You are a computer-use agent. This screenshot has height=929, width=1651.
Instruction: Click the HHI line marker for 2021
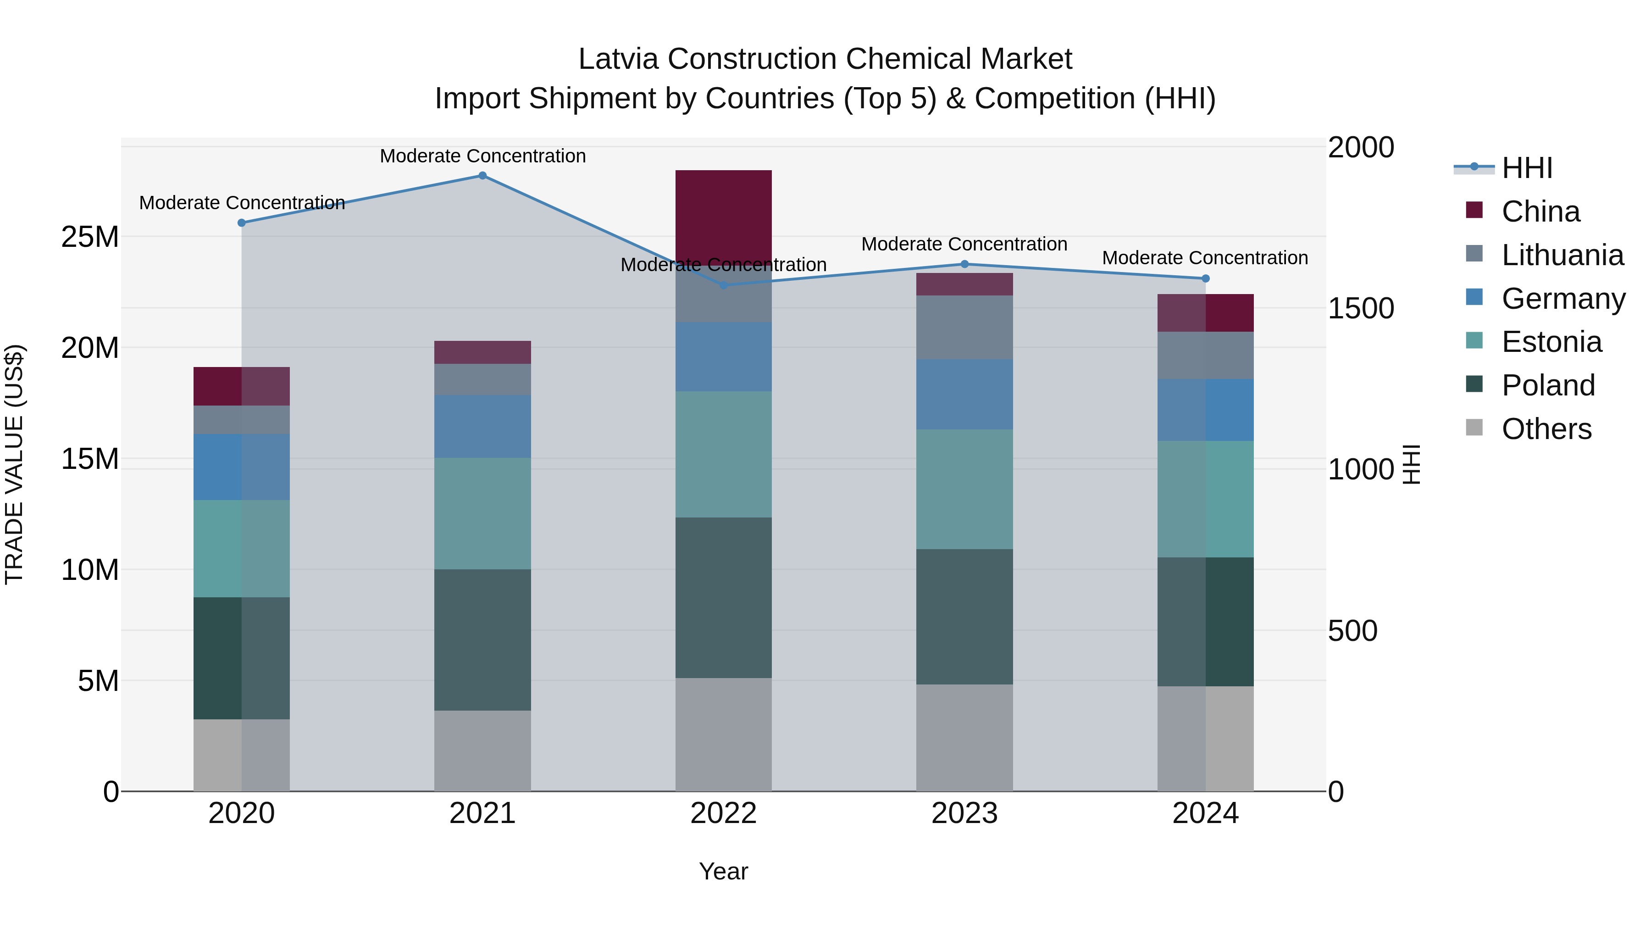coord(482,176)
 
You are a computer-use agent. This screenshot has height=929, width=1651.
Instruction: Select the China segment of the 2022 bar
coord(724,217)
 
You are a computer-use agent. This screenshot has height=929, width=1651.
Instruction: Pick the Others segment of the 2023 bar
coord(964,737)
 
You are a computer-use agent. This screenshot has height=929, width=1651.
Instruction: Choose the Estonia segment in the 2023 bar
coord(964,489)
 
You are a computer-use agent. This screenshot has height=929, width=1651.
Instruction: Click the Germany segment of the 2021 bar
coord(482,426)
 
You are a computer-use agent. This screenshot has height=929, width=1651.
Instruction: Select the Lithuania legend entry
coord(1562,255)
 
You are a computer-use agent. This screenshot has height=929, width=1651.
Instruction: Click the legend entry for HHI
coord(1527,168)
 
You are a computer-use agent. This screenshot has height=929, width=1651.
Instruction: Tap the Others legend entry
coord(1546,429)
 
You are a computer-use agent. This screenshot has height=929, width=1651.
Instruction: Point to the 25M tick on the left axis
coord(90,237)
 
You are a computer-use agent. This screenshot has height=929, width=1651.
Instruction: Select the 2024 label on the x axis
coord(1205,813)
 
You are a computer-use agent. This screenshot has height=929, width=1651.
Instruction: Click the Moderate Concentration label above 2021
coord(482,156)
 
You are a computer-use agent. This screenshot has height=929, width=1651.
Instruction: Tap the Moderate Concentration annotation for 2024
coord(1204,258)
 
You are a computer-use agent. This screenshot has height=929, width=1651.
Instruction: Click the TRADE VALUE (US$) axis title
coord(14,464)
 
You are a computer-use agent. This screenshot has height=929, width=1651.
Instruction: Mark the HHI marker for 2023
coord(964,264)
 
